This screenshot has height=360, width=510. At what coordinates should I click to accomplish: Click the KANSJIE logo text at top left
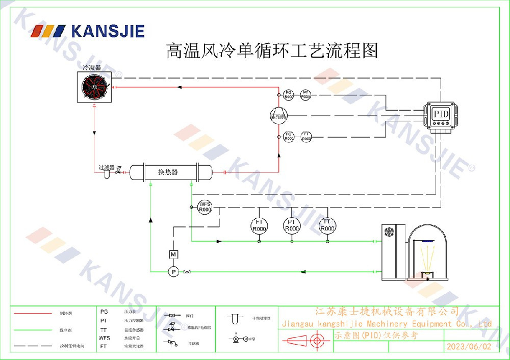tap(108, 31)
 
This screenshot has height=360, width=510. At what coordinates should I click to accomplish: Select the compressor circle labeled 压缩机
tap(279, 115)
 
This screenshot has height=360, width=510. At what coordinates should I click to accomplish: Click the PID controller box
tap(440, 114)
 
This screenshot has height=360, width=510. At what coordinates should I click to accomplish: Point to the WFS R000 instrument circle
tap(205, 207)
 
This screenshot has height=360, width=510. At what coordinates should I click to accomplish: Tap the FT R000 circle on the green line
tap(259, 225)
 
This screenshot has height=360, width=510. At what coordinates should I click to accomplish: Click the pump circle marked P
tap(173, 272)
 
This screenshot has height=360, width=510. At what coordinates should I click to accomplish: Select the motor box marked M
tap(173, 254)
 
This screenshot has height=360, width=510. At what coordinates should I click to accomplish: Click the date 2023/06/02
tap(469, 346)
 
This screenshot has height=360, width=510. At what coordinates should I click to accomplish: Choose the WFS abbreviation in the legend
tap(104, 338)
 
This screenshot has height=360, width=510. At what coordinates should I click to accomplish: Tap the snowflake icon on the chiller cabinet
tap(389, 232)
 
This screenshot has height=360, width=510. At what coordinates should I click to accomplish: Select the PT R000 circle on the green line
tap(292, 225)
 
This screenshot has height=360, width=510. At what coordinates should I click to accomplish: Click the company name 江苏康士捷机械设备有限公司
tap(387, 311)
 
